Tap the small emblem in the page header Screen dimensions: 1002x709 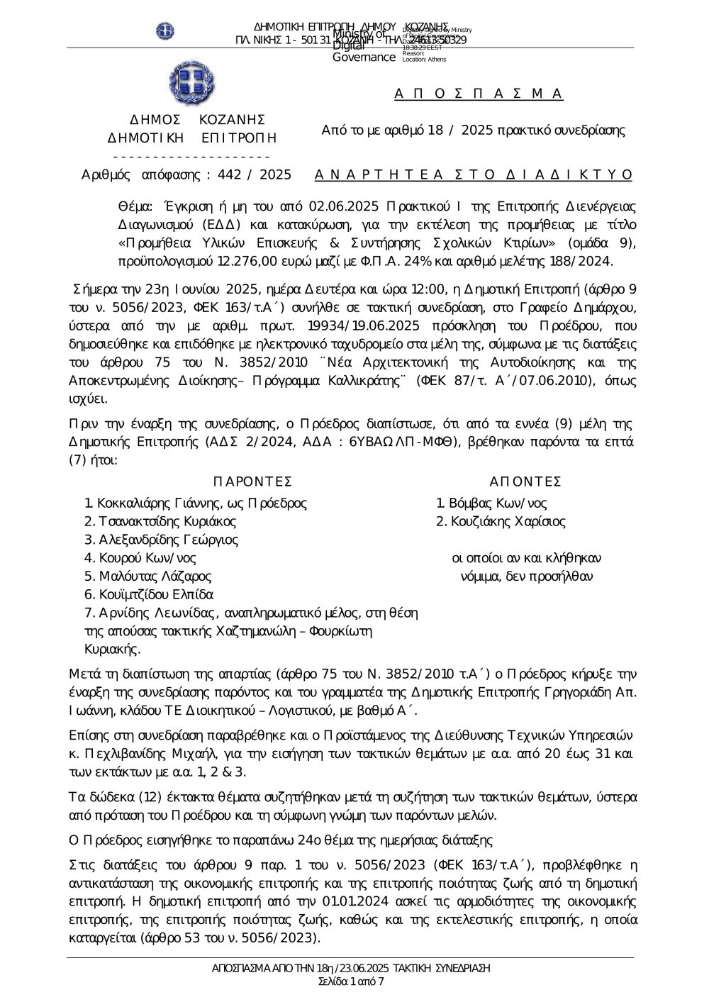tap(164, 31)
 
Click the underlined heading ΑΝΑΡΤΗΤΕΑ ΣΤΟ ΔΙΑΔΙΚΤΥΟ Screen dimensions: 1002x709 tap(473, 174)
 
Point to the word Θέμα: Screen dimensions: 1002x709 tap(135, 206)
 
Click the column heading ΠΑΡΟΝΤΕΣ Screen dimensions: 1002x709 tap(252, 482)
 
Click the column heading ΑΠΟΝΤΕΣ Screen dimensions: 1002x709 tap(525, 482)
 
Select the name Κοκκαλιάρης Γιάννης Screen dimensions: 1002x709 tap(161, 503)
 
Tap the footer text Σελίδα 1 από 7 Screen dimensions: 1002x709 tap(352, 981)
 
